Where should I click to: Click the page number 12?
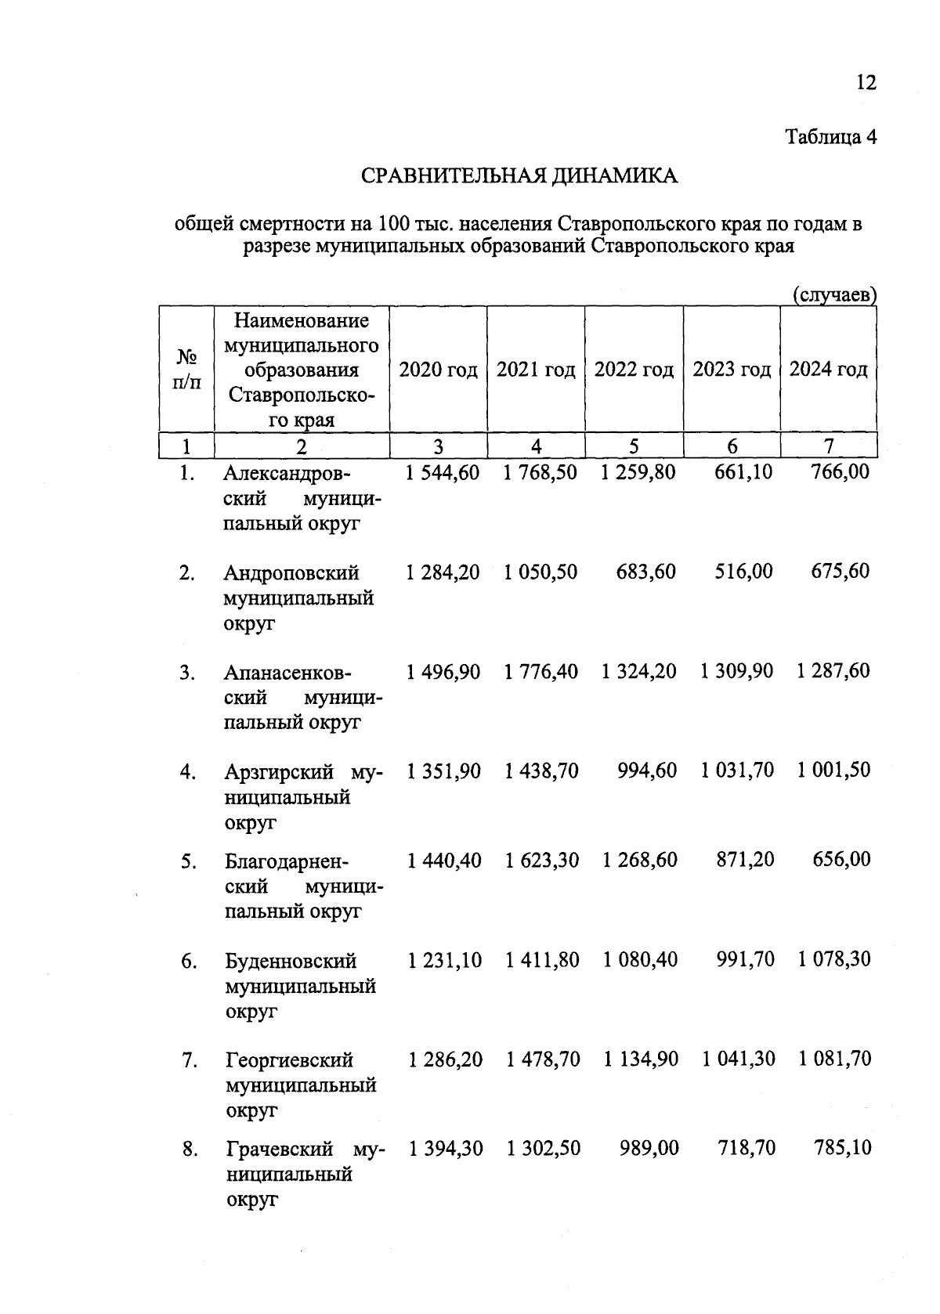tap(866, 82)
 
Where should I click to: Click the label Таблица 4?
tap(830, 137)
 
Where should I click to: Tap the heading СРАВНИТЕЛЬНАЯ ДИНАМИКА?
tap(519, 176)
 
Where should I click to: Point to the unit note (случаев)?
tap(834, 295)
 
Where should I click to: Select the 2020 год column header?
tap(438, 370)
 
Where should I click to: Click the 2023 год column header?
tap(732, 370)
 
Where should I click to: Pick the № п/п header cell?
tap(186, 370)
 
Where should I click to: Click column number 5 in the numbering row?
tap(634, 446)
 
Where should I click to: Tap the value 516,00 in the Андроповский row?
tap(743, 571)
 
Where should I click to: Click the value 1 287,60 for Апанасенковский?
tap(833, 670)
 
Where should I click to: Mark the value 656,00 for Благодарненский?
tap(841, 859)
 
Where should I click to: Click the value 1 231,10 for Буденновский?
tap(444, 959)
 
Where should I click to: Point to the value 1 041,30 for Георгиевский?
tap(738, 1059)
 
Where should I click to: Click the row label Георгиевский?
tap(289, 1060)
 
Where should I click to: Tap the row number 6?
tap(189, 961)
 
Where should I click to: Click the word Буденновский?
tap(291, 961)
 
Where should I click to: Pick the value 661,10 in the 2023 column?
tap(743, 472)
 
